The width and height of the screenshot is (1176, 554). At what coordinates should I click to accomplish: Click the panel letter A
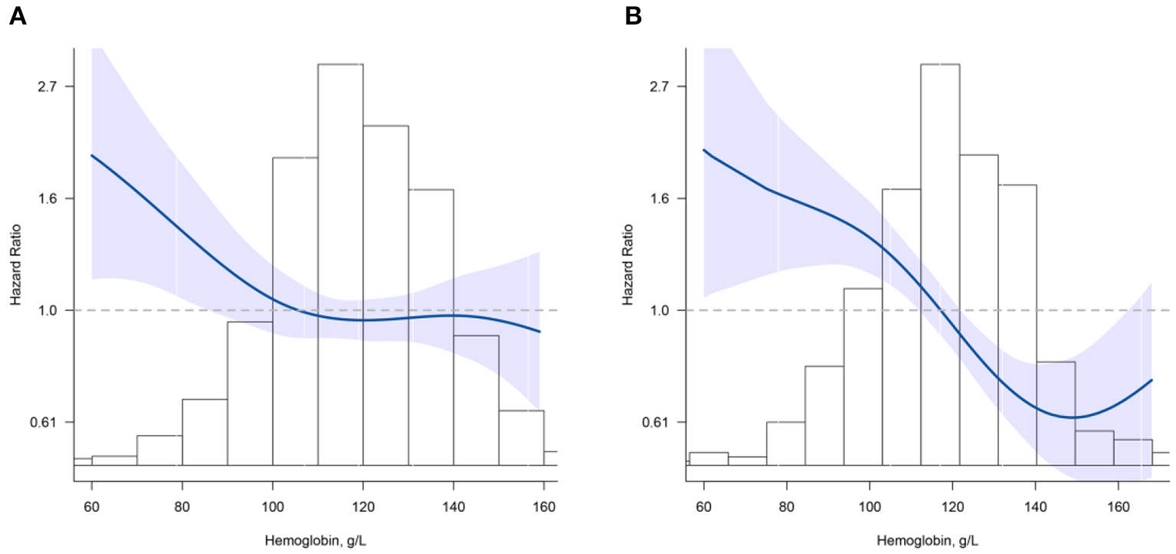[18, 16]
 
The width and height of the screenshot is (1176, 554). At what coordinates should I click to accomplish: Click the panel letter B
[633, 16]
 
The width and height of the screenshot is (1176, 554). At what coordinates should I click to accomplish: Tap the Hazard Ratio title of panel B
[629, 264]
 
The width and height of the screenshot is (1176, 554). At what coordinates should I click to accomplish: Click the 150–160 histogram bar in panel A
[521, 438]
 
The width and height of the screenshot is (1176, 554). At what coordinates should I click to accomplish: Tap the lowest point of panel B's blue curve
[1075, 417]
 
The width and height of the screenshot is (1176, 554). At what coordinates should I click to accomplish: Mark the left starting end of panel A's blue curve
[92, 155]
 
